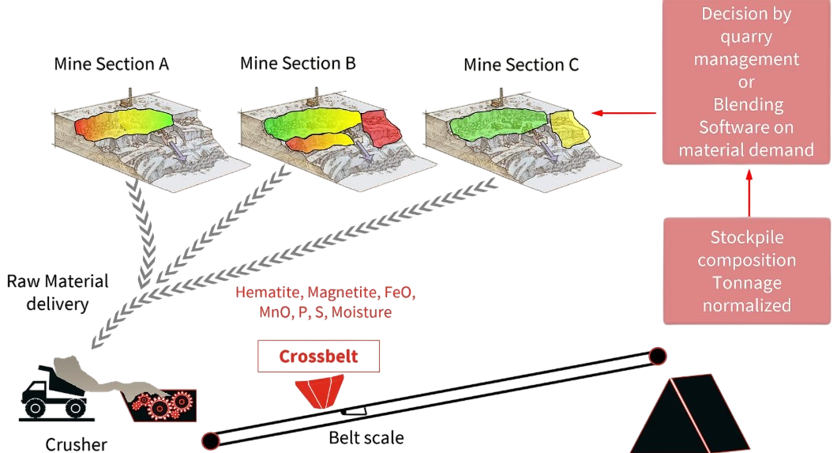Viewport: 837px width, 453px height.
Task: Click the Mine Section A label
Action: [111, 65]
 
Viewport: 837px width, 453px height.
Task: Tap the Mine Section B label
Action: [298, 63]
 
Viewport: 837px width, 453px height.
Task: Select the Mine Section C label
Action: [521, 65]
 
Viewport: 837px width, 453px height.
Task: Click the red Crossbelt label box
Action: [318, 357]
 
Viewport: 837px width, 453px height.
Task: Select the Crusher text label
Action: [76, 444]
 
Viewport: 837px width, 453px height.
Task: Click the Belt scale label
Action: [366, 437]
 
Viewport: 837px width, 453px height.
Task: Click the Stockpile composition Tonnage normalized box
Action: [746, 271]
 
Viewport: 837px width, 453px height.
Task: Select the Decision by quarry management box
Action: [746, 82]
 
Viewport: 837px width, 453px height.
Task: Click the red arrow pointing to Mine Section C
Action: [624, 113]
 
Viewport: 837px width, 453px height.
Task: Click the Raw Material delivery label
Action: [57, 292]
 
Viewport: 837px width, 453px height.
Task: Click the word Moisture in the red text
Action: [362, 312]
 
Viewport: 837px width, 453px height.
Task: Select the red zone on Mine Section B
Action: [381, 126]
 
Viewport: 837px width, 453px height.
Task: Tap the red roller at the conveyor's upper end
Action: [656, 356]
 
